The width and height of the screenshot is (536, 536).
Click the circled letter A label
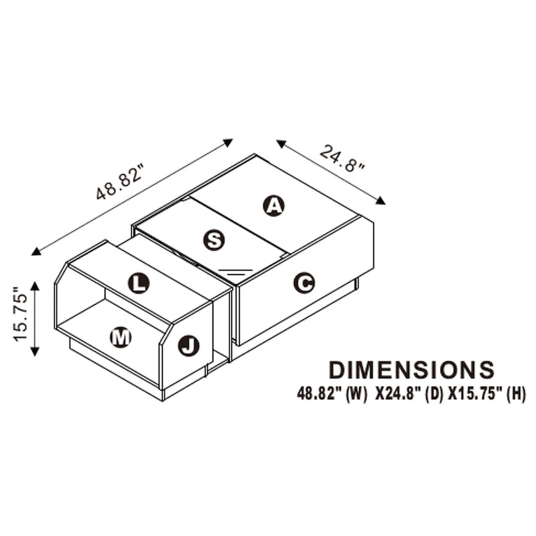tap(273, 206)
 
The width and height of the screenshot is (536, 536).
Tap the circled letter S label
tap(214, 240)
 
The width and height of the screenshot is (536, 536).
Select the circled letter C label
tap(304, 283)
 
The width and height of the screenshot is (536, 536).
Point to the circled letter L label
tap(139, 283)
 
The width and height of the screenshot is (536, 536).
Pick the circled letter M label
tap(121, 338)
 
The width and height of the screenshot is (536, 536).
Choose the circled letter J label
tap(189, 346)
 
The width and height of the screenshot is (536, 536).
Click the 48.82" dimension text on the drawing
tap(119, 182)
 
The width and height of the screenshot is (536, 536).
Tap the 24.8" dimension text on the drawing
tap(342, 159)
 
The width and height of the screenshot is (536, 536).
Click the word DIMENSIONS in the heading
tap(411, 370)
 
